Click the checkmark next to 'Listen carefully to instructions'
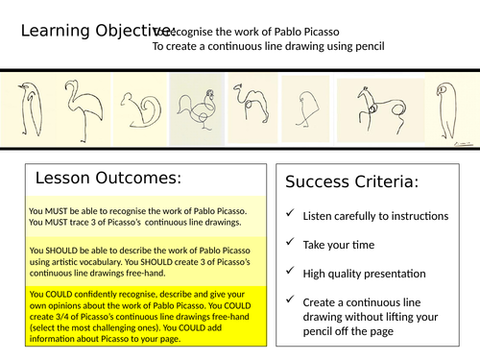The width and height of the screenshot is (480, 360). tap(289, 216)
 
